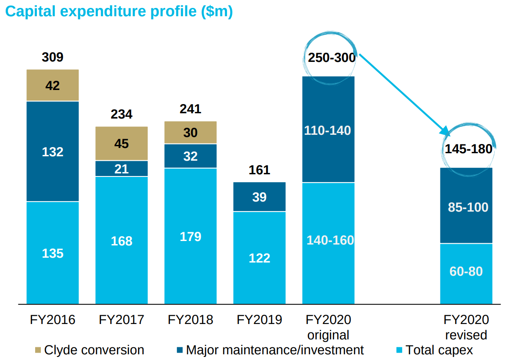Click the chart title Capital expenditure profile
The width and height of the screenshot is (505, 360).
pos(119,12)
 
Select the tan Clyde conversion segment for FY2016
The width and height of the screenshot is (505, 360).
pos(53,85)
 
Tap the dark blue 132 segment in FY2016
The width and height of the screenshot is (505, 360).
pos(53,151)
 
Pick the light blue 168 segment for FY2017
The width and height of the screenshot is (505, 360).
pos(122,240)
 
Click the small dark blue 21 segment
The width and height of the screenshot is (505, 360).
pos(122,169)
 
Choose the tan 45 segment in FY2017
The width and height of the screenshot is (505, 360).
pos(122,144)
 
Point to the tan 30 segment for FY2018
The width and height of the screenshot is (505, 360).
pos(190,132)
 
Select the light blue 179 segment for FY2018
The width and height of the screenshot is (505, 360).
pos(190,236)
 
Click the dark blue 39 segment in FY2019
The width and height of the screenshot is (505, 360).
pos(259,197)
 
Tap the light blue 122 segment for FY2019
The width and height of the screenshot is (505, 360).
pos(259,258)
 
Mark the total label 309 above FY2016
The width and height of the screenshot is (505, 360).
pos(53,57)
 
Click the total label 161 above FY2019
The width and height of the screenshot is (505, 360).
pos(259,170)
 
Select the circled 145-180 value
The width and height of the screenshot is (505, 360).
pos(469,149)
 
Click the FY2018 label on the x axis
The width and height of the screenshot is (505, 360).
pos(190,320)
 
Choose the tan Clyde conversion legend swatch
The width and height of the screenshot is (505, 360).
pos(38,350)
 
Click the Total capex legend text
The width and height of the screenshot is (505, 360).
pos(439,350)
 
